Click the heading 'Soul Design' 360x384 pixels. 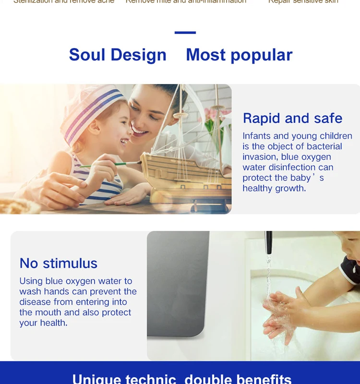(118, 55)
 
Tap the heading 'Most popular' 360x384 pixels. (239, 55)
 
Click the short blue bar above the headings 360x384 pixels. (185, 33)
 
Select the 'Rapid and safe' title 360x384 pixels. (292, 118)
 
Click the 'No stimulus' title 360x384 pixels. (58, 263)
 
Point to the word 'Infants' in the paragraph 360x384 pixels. (257, 136)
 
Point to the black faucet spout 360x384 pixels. (269, 242)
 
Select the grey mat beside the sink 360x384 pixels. (178, 283)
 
